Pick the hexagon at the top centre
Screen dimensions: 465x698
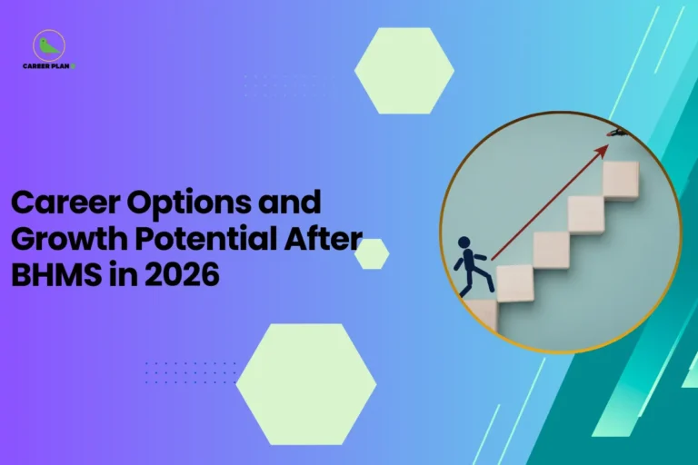tap(404, 71)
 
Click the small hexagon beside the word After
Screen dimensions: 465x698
tap(372, 254)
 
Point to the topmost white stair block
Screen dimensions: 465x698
tap(620, 179)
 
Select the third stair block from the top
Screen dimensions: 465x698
tap(551, 249)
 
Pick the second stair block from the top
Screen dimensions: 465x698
tap(585, 214)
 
